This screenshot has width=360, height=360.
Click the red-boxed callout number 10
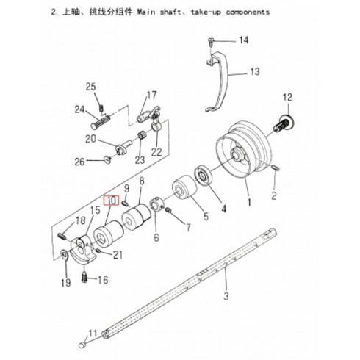[112, 201]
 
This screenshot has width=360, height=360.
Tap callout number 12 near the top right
[287, 97]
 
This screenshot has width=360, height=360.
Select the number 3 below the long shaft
[226, 296]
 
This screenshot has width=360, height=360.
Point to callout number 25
[90, 87]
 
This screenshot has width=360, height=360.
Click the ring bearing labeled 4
[203, 176]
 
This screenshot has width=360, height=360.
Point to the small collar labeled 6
[156, 204]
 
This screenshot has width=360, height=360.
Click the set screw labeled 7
[168, 210]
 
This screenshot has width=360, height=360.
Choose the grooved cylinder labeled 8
[137, 218]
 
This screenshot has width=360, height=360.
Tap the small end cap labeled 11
[83, 345]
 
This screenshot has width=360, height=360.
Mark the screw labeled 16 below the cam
[84, 278]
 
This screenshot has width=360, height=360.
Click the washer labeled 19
[65, 254]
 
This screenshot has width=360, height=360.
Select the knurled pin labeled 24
[101, 122]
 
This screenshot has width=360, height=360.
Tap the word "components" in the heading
[248, 12]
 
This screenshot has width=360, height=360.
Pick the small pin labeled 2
[275, 168]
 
